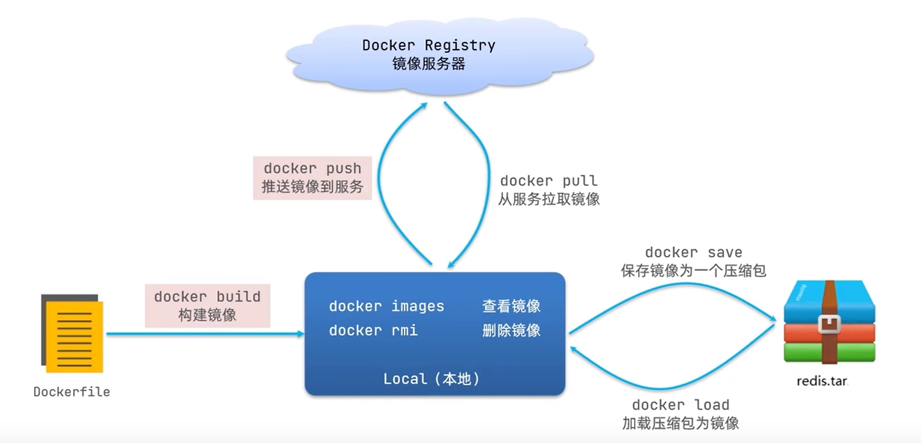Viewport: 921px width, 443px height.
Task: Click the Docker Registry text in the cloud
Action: (429, 45)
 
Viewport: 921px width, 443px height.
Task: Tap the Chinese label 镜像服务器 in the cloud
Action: (429, 64)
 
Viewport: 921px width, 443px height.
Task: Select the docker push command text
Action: (312, 169)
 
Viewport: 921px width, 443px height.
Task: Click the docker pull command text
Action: (549, 181)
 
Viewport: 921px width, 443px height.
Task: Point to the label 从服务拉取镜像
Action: (549, 199)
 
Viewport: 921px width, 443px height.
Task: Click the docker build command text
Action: (208, 297)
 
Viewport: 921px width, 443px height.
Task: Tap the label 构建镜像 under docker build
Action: (208, 315)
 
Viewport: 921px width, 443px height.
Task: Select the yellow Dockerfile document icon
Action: (72, 333)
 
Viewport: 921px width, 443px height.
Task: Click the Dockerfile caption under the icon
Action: (72, 392)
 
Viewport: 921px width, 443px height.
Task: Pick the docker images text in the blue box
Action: (386, 306)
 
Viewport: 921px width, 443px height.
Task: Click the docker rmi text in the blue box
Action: (373, 331)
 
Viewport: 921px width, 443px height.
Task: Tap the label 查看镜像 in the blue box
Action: (512, 306)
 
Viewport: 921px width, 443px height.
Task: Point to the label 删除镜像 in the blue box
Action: (512, 331)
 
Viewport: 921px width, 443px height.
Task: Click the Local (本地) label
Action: (432, 379)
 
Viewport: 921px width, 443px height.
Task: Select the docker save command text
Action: (694, 253)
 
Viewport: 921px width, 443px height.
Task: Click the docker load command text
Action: (681, 405)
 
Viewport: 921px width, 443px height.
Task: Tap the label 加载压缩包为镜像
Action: (681, 423)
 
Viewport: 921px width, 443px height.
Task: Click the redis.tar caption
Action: (822, 381)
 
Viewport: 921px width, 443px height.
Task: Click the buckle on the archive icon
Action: (829, 324)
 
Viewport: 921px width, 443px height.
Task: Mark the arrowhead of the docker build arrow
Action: (302, 334)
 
